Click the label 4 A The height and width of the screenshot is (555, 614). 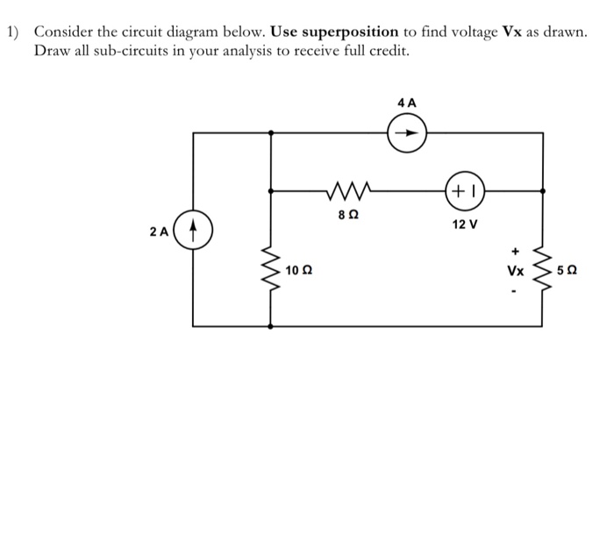point(407,103)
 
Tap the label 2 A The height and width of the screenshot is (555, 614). point(158,232)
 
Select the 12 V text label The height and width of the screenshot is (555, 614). point(466,224)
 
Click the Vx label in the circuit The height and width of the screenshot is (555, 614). point(516,270)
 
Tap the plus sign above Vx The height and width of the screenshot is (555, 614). point(516,250)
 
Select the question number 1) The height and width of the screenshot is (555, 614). point(13,32)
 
